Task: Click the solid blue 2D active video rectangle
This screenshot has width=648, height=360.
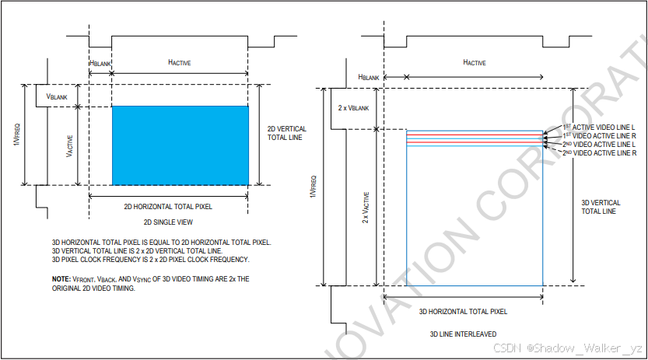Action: point(180,145)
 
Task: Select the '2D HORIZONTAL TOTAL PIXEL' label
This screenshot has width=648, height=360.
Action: point(168,207)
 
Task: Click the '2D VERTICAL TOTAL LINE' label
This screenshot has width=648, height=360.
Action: point(286,133)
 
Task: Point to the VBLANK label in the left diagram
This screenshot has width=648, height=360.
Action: point(58,96)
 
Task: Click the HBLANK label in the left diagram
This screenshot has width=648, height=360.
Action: point(100,62)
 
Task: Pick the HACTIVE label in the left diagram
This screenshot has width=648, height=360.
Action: point(179,62)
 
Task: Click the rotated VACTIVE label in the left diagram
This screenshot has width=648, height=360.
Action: point(69,145)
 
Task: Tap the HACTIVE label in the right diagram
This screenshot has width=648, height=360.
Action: point(474,62)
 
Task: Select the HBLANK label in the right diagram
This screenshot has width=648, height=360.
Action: point(368,77)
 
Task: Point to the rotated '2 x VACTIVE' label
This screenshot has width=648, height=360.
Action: point(366,208)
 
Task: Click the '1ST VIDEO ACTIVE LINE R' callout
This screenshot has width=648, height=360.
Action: point(599,136)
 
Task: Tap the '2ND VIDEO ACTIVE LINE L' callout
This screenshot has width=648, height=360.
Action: point(599,145)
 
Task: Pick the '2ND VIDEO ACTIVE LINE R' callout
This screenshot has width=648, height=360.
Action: point(599,153)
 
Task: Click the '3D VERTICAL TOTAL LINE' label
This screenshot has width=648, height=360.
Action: point(601,207)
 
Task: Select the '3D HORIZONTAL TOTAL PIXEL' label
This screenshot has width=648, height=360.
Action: point(463,312)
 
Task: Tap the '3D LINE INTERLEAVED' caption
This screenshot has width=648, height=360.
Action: point(463,334)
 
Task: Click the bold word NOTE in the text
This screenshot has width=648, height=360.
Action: point(61,278)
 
